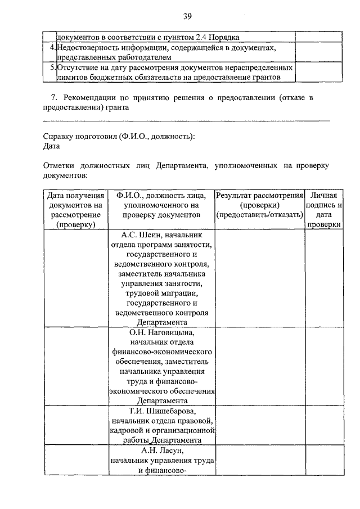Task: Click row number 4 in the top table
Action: (x=52, y=48)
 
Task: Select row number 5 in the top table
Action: (x=52, y=67)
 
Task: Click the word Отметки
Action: (x=60, y=166)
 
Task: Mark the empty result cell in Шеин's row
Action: (x=259, y=278)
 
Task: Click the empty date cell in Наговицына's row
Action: (x=75, y=366)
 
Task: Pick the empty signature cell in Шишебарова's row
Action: (x=323, y=425)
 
